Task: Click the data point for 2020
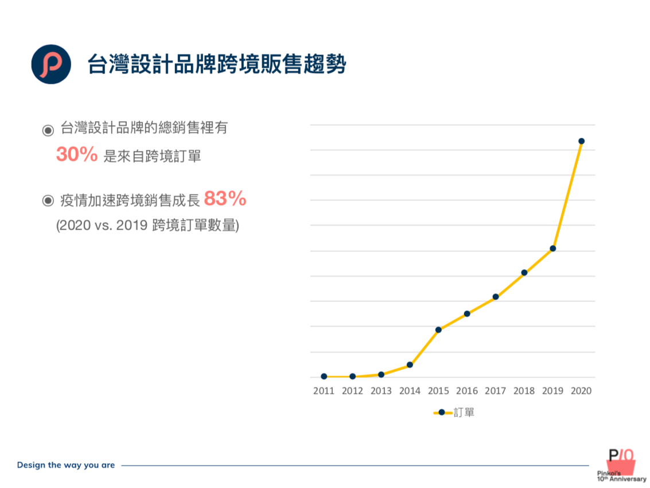[581, 141]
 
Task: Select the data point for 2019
[553, 249]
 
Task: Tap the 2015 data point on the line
[438, 330]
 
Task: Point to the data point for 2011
[324, 377]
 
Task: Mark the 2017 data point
[496, 297]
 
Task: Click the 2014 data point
[410, 365]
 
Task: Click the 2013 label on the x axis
[381, 391]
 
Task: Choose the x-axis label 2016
[467, 391]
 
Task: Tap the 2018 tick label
[524, 391]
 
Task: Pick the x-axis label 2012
[352, 391]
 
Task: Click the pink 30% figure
[77, 154]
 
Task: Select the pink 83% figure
[225, 199]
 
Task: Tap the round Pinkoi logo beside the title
[51, 64]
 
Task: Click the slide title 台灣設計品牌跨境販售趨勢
[217, 64]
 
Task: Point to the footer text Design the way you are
[66, 465]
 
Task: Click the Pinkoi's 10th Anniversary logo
[621, 464]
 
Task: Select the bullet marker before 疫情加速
[48, 200]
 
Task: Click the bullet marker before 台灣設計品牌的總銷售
[48, 130]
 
